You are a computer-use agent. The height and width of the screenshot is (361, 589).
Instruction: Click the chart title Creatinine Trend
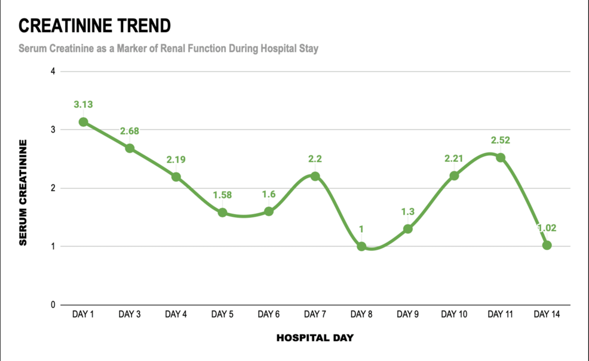94,26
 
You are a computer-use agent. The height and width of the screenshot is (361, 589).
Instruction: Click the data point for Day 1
84,122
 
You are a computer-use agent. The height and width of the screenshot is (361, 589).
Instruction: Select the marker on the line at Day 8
361,246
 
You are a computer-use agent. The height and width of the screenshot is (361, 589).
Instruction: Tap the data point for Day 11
501,158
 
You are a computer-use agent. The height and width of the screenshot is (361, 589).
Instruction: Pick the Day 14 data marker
547,245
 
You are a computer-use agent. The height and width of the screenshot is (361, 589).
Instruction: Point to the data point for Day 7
315,176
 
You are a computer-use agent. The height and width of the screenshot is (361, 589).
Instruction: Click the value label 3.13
84,105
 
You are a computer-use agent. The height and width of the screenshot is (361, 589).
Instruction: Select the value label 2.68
130,131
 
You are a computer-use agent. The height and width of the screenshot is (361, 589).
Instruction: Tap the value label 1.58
222,195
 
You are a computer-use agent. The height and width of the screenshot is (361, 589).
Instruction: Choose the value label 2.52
501,140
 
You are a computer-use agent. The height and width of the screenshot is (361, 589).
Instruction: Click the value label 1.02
547,228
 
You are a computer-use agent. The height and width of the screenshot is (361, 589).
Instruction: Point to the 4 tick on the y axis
53,72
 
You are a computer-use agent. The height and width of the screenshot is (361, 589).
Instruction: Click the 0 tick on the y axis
53,305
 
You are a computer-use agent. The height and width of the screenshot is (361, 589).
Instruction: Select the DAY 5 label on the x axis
222,314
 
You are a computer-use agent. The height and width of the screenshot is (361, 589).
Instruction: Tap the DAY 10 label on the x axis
454,314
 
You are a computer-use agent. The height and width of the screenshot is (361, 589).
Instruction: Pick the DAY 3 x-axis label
130,314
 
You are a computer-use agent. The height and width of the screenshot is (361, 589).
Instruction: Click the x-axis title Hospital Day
315,338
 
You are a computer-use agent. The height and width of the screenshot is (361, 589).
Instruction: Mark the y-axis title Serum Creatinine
23,192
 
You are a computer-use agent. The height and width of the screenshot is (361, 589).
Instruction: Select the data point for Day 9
407,229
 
